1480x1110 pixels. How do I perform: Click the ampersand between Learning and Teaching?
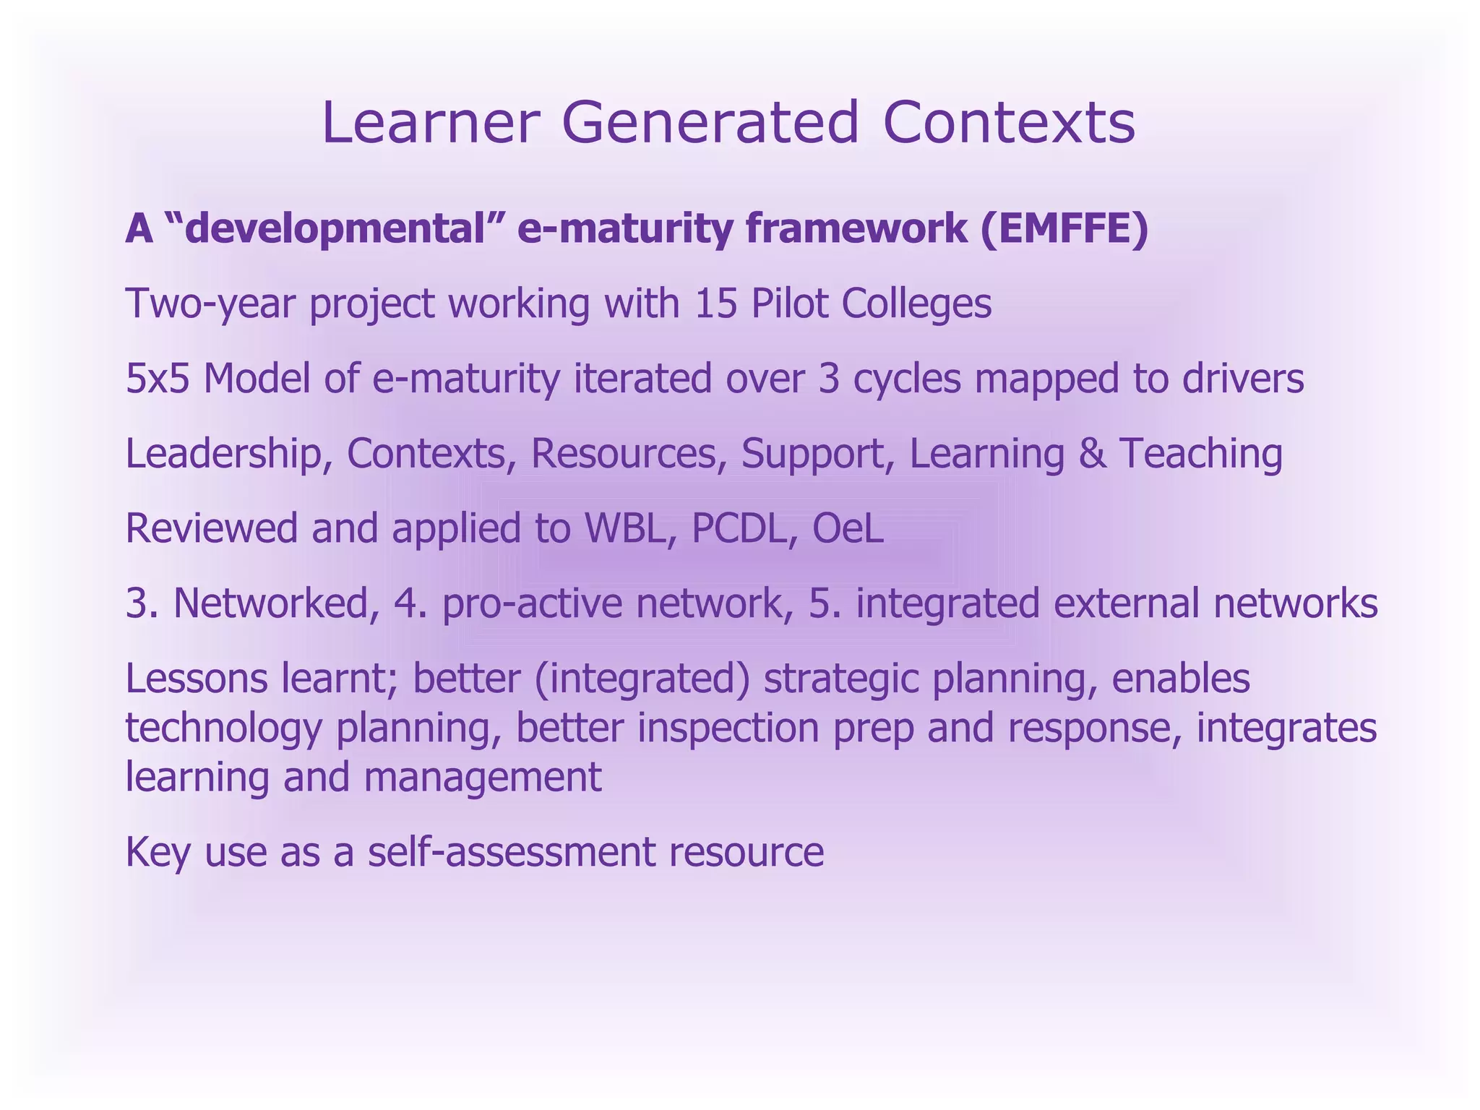click(x=1092, y=454)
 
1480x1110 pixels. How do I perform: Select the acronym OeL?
click(x=848, y=528)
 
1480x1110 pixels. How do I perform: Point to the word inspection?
click(x=728, y=728)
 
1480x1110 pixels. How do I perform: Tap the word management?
click(x=482, y=777)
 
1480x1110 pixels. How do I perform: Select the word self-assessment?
click(x=510, y=852)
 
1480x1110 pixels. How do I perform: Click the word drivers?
click(x=1242, y=378)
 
